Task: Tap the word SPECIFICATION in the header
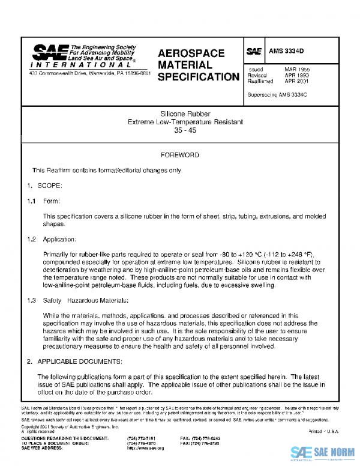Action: click(199, 77)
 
